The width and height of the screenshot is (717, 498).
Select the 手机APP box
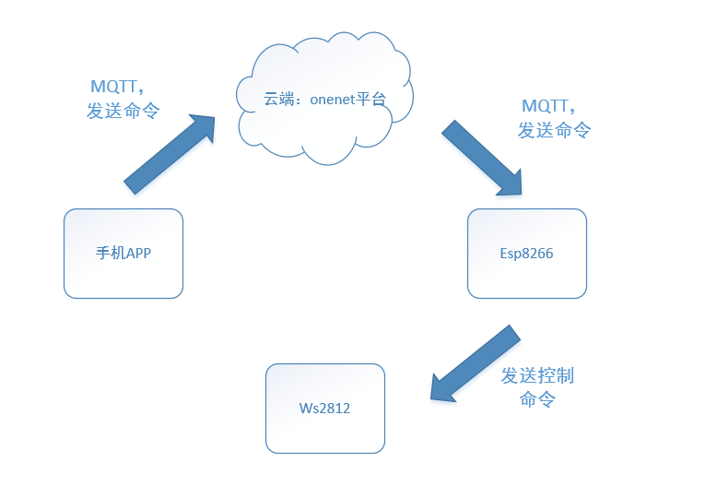[123, 254]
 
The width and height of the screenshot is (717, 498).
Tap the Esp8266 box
[526, 254]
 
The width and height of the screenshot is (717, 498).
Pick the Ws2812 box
[324, 408]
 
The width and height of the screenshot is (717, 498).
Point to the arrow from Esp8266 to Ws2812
[476, 362]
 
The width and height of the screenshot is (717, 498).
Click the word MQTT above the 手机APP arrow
[115, 88]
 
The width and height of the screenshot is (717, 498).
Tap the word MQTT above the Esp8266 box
[547, 106]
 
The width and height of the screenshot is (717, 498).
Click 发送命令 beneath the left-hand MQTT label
[123, 111]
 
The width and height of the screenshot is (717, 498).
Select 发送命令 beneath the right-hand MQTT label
[554, 130]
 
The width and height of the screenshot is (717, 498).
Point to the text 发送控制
[537, 375]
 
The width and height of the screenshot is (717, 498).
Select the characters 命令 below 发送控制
[537, 399]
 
